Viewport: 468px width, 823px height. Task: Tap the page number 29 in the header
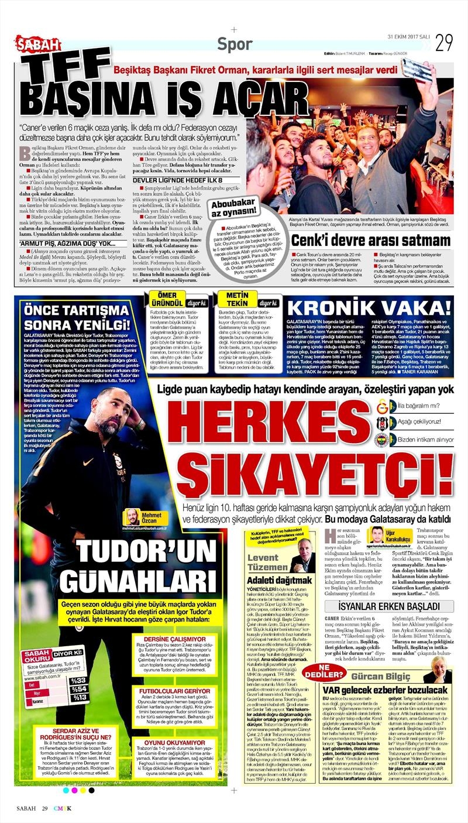click(444, 42)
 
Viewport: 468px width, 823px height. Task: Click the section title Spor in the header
click(235, 44)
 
